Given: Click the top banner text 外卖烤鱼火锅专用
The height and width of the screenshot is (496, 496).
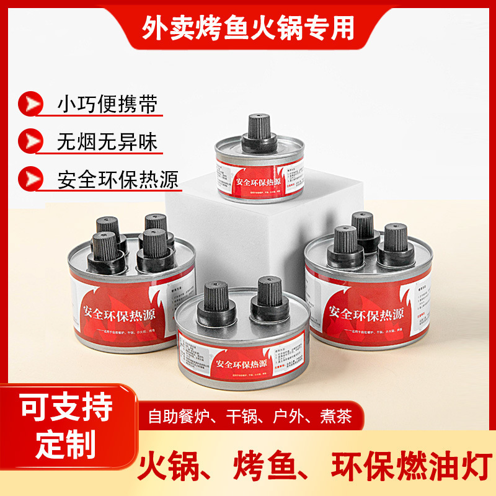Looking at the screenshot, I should [248, 27].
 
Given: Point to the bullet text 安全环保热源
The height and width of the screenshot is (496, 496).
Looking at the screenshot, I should [118, 180].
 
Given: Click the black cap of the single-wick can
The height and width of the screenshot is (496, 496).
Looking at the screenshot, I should [256, 133].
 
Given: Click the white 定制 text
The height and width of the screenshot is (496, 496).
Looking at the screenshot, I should [66, 444].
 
